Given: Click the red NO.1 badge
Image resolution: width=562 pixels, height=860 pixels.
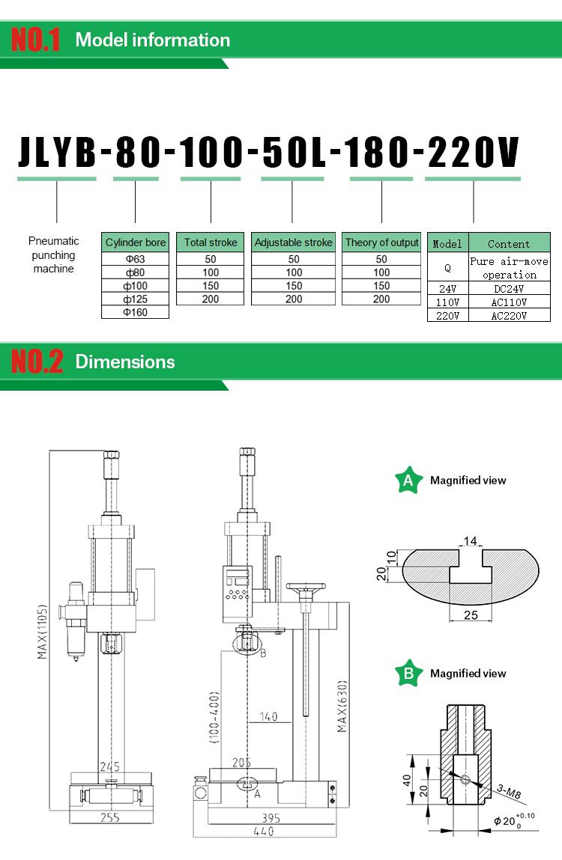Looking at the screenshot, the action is (x=36, y=40).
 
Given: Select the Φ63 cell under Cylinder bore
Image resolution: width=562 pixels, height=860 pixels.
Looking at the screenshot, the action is (x=135, y=259).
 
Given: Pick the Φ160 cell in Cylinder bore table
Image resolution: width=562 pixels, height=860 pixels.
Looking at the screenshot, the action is (x=135, y=312).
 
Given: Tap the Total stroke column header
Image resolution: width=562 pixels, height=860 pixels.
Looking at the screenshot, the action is (x=211, y=243).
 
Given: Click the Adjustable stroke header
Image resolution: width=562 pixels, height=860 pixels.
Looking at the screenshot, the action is (x=293, y=243).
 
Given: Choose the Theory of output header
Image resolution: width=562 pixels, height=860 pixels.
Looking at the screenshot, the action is (x=382, y=243).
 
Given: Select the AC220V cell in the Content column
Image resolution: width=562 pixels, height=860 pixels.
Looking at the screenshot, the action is (x=510, y=316).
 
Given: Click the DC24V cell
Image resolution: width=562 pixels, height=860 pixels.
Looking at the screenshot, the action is (x=510, y=288).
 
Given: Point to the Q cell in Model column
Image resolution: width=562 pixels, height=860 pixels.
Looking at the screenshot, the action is (x=448, y=268).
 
